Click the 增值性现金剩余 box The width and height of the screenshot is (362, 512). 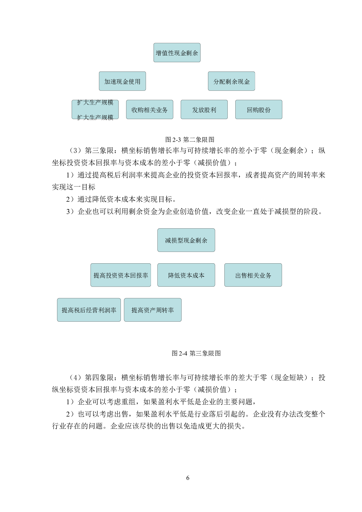(x=177, y=53)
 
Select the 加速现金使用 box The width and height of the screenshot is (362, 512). (x=122, y=81)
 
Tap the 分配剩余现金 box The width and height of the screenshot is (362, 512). (x=232, y=81)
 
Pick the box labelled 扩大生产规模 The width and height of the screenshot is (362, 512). (x=95, y=110)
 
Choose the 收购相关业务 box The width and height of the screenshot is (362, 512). (x=149, y=110)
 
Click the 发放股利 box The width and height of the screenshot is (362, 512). (x=204, y=110)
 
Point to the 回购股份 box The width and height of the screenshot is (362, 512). (x=259, y=110)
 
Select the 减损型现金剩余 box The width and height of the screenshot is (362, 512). (x=186, y=240)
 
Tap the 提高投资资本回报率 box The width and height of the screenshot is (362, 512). (x=121, y=275)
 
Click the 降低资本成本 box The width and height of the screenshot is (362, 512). (x=186, y=275)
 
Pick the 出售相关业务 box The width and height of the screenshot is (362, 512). (x=253, y=275)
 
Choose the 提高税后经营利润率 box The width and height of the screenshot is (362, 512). (x=89, y=310)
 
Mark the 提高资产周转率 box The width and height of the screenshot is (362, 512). (x=153, y=310)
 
